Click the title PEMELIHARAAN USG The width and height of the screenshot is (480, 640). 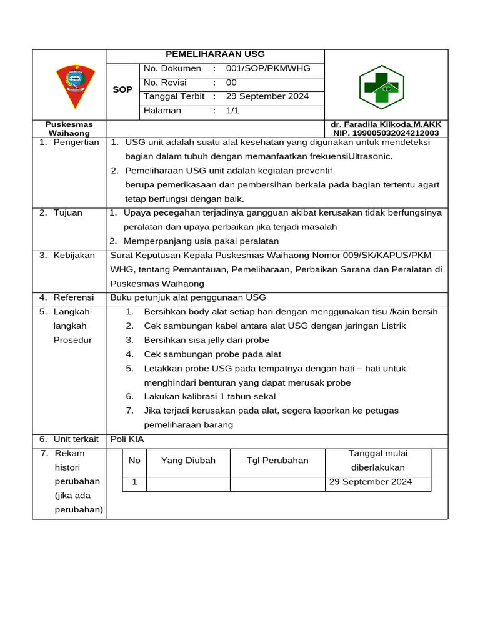[215, 54]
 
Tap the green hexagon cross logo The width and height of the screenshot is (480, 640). [381, 87]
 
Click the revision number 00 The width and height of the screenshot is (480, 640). [231, 82]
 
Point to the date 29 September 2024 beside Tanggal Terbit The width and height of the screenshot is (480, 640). [267, 96]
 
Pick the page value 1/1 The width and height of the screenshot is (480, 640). [232, 111]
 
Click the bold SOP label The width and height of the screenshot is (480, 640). [122, 89]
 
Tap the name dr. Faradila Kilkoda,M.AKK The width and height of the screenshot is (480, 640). [386, 124]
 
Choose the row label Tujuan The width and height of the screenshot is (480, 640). [67, 212]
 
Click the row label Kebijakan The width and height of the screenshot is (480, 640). [74, 255]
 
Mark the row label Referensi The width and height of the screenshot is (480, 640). [73, 297]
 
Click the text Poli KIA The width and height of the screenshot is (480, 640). [127, 439]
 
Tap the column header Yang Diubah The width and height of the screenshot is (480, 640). [188, 461]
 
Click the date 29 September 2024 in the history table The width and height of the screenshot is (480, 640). [370, 482]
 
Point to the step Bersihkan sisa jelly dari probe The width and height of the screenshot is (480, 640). [206, 340]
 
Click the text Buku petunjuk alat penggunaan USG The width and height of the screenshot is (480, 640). [188, 297]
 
